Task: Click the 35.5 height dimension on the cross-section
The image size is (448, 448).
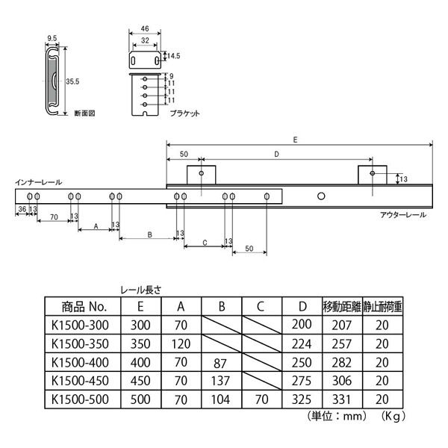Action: (72, 81)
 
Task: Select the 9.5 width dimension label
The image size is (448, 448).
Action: (52, 38)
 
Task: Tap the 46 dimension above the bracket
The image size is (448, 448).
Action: (145, 28)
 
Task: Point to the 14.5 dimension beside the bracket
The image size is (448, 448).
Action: (174, 56)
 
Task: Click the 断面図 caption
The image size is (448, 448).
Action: (84, 113)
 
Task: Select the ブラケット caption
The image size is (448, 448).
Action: (184, 113)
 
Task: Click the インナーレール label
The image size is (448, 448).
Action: (39, 182)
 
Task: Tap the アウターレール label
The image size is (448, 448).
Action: (403, 215)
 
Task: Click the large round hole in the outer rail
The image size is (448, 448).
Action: (321, 196)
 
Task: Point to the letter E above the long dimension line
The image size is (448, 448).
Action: (295, 140)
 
